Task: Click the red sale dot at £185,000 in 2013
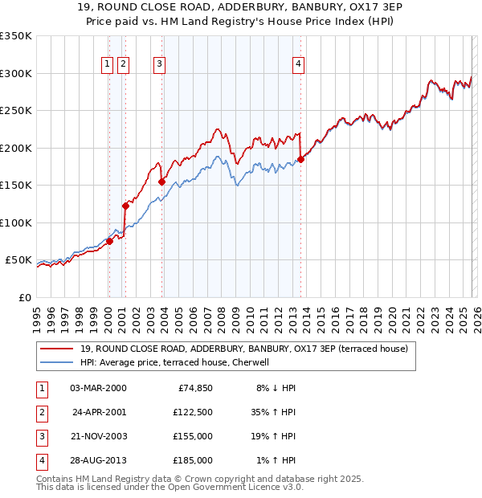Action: coord(300,159)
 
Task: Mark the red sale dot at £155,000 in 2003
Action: coord(161,182)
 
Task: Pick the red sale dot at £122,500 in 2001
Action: coord(125,206)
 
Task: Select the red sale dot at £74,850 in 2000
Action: coord(109,241)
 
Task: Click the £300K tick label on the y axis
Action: coord(16,73)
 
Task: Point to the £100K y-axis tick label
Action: coord(16,222)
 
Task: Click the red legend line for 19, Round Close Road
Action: coord(58,349)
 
